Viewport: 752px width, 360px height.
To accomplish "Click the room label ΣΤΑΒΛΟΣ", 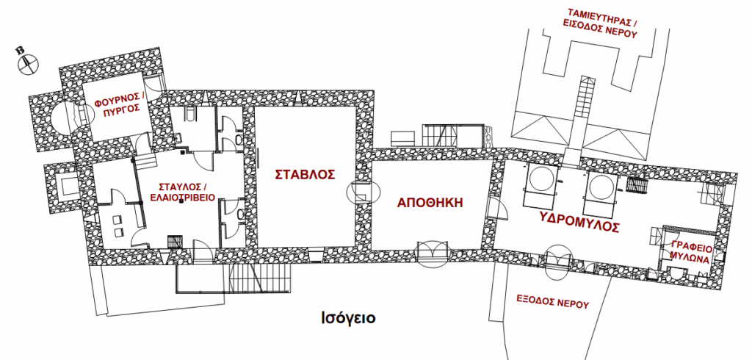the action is (x=305, y=174).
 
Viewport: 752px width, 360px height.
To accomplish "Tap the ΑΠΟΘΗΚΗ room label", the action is (x=430, y=203).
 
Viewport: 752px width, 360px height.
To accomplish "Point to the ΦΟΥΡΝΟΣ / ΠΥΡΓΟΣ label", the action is (x=117, y=104).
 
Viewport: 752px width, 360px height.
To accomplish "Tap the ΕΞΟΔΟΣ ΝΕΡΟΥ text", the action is (x=552, y=303).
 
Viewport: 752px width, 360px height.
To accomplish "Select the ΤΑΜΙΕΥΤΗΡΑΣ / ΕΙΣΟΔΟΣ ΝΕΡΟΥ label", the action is (x=602, y=23).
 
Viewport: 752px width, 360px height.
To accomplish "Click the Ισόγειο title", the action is (x=348, y=318).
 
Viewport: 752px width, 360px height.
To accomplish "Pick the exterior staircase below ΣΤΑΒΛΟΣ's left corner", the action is (x=258, y=278).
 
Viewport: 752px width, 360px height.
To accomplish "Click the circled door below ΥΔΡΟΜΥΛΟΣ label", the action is (x=557, y=262).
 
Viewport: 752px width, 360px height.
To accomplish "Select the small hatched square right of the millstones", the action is (x=638, y=185).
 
